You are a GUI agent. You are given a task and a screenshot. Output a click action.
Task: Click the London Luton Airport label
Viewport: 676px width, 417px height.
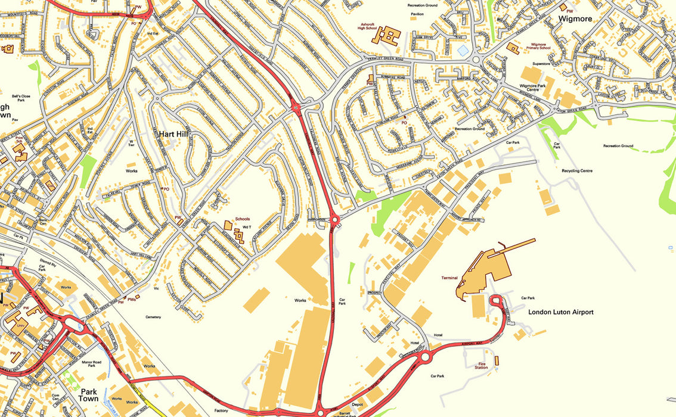[561, 312]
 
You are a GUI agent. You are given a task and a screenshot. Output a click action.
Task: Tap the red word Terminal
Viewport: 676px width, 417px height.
[449, 278]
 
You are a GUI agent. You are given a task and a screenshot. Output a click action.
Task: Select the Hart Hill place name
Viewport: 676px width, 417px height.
[173, 135]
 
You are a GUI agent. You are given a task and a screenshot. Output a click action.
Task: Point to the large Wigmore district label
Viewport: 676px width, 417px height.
[575, 18]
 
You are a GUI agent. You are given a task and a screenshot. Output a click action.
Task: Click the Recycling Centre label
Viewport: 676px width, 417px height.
[577, 171]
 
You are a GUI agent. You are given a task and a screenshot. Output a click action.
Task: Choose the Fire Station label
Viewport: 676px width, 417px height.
[482, 365]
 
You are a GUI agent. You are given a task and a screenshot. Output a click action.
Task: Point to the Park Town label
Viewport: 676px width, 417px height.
[88, 395]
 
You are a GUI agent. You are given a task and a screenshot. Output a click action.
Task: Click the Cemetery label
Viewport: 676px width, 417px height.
[153, 317]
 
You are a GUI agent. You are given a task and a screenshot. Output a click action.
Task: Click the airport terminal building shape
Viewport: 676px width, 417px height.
[489, 268]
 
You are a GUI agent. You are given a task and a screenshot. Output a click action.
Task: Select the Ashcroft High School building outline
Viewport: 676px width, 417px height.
[387, 35]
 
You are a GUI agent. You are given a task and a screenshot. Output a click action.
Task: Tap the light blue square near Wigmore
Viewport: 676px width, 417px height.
[463, 51]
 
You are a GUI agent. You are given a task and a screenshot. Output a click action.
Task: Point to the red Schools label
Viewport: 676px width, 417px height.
[243, 219]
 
